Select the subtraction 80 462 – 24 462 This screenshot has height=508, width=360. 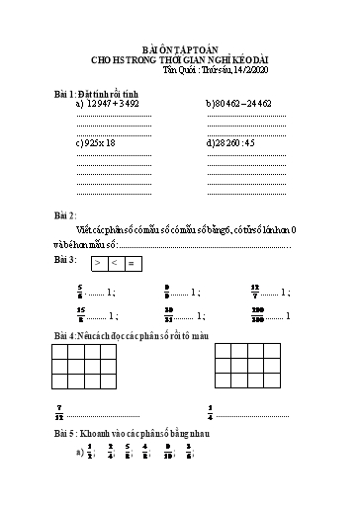pos(243,103)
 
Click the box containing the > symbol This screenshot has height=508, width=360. pos(99,263)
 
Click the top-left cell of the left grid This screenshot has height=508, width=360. pos(62,351)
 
